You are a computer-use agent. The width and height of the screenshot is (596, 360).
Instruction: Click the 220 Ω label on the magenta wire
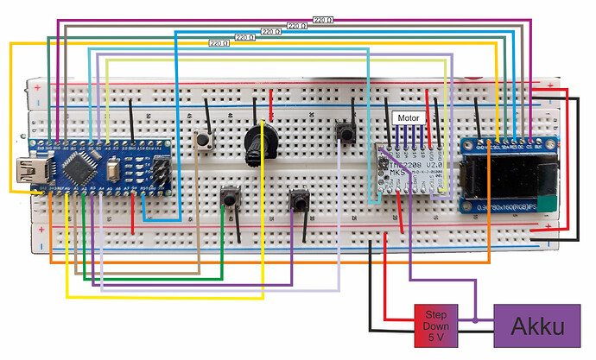tap(322, 19)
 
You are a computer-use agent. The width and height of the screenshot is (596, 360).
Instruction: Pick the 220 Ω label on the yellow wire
tap(220, 42)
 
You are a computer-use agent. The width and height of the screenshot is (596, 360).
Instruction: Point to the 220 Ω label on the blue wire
tap(270, 32)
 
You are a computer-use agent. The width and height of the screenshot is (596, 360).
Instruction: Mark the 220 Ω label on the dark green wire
tap(245, 37)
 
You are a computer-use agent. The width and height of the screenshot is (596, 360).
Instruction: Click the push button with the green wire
tap(231, 198)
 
